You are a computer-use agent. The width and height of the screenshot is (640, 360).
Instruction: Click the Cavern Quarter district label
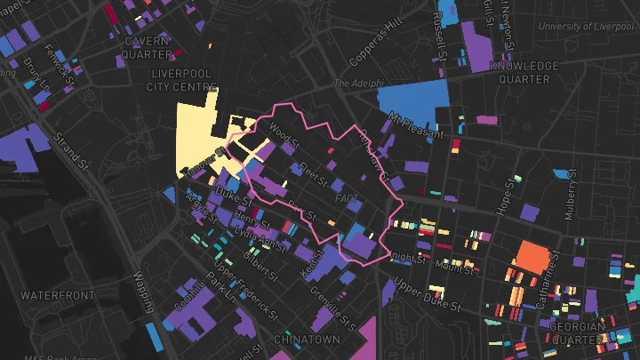click(146, 46)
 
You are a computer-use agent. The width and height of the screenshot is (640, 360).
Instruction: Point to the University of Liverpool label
click(586, 27)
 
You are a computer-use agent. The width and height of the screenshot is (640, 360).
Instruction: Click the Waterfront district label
click(57, 294)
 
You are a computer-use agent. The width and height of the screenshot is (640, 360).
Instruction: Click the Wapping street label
click(142, 292)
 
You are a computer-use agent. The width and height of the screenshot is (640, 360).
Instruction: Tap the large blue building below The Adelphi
click(411, 100)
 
